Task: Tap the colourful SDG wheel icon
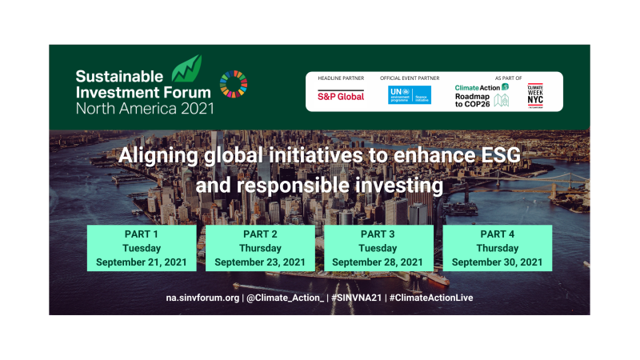234,84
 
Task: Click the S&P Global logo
341,96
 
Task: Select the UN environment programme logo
410,95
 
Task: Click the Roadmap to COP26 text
474,99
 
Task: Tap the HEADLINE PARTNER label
341,78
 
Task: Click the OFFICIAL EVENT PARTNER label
410,78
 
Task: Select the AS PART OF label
509,78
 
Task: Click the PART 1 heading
141,234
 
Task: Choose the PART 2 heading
259,234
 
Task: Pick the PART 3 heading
378,234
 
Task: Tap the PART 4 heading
496,234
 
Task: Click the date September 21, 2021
141,262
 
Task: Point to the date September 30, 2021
496,262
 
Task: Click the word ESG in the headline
495,156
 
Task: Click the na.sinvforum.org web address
202,298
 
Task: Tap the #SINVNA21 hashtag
356,298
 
